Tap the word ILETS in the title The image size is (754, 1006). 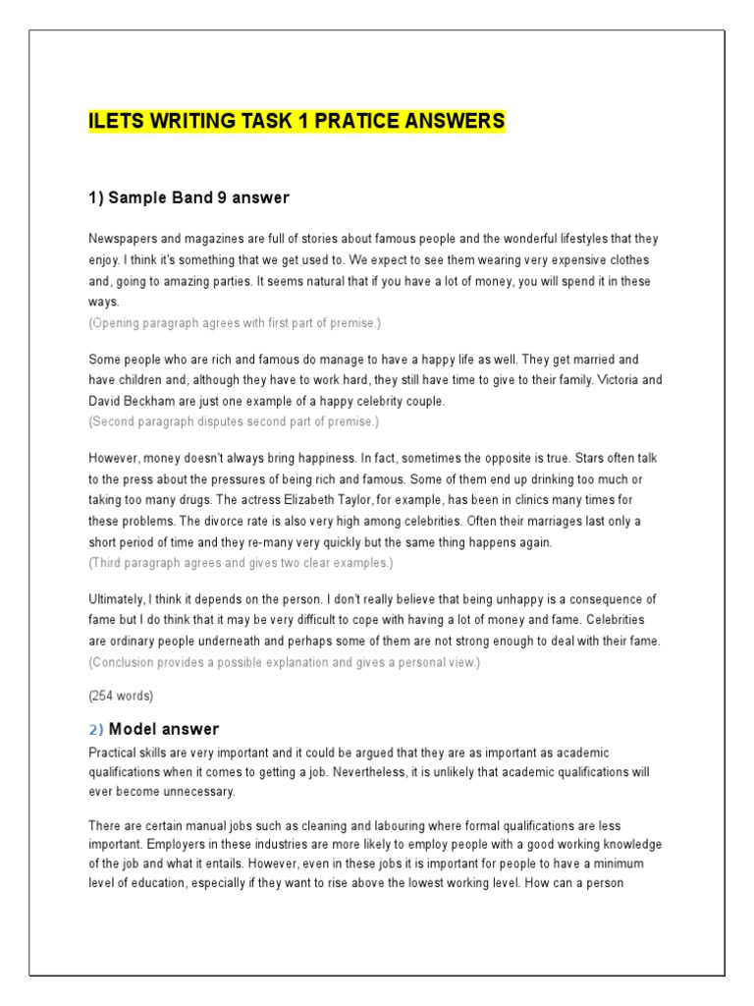pos(115,122)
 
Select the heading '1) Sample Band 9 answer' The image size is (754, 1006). pos(188,198)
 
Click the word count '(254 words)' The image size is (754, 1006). pos(121,697)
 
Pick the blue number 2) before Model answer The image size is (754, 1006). pos(95,729)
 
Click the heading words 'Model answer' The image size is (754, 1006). pos(164,729)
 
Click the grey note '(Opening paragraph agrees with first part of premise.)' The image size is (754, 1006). pos(234,323)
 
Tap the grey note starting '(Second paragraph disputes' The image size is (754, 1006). pos(233,421)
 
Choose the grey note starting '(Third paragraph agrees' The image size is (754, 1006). pos(241,563)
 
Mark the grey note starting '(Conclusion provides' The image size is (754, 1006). pos(284,662)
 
